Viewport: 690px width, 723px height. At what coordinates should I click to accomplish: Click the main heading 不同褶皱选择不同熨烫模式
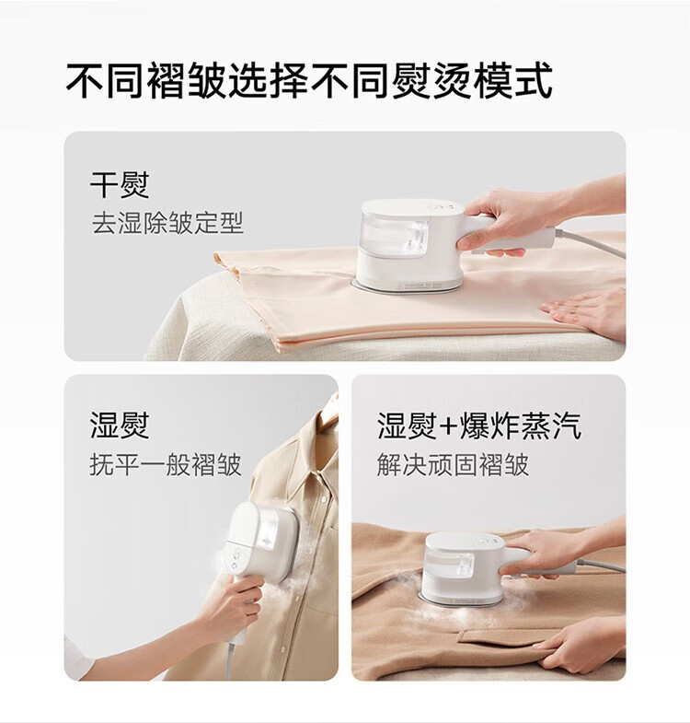309,81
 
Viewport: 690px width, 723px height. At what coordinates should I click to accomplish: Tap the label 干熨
120,185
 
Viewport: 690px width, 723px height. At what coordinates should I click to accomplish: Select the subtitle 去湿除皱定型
167,223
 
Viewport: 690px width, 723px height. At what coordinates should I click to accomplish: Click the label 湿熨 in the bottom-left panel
120,426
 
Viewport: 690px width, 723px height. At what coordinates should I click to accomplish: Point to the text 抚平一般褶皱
166,464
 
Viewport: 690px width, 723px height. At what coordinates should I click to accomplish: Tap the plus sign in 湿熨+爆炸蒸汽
447,426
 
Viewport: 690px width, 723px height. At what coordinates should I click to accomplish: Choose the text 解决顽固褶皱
453,464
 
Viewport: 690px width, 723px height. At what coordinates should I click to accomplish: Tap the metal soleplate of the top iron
406,286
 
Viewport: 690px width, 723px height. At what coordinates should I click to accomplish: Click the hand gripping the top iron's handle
502,222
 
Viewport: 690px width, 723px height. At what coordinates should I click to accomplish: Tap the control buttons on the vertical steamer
236,559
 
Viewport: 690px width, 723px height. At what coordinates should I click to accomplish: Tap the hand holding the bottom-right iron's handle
543,553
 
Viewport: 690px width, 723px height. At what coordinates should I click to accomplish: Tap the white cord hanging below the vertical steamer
229,660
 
